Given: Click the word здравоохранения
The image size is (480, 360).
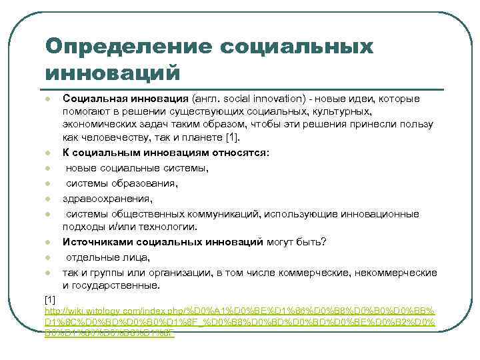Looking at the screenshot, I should pyautogui.click(x=107, y=198).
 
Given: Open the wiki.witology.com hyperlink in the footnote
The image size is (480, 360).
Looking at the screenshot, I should pyautogui.click(x=239, y=312).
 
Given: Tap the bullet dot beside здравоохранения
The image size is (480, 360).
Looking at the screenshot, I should pyautogui.click(x=49, y=199).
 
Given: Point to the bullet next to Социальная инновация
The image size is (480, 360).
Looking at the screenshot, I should pyautogui.click(x=49, y=99).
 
